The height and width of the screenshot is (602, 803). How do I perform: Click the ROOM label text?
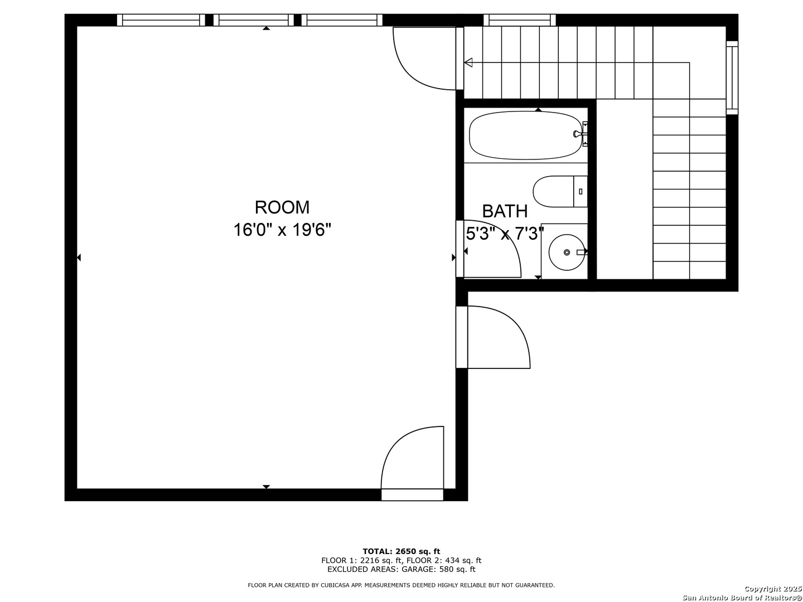click(x=282, y=207)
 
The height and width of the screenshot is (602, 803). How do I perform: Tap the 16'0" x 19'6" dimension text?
click(x=282, y=230)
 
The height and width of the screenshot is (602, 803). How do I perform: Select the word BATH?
click(x=505, y=211)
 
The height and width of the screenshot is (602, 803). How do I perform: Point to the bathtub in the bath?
click(x=525, y=135)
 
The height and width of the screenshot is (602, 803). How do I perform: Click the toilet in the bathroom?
click(x=560, y=191)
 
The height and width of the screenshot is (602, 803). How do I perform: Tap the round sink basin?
click(x=567, y=252)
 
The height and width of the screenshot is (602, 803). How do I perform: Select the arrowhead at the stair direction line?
click(x=468, y=62)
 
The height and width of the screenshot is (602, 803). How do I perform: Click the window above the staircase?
click(x=520, y=20)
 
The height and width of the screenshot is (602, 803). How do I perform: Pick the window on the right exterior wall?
click(x=732, y=77)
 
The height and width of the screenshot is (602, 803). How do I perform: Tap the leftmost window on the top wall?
click(x=161, y=20)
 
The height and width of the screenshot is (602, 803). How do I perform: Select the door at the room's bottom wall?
click(x=412, y=463)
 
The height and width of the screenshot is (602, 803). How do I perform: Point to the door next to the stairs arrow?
click(x=424, y=59)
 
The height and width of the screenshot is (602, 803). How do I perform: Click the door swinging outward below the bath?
click(x=492, y=337)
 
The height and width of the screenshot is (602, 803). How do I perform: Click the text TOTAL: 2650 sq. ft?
click(x=401, y=551)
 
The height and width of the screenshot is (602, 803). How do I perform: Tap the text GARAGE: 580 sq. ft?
click(x=438, y=569)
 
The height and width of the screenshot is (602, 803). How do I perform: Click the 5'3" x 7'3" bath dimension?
click(x=505, y=233)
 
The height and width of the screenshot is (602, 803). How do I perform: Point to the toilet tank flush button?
click(x=581, y=191)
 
